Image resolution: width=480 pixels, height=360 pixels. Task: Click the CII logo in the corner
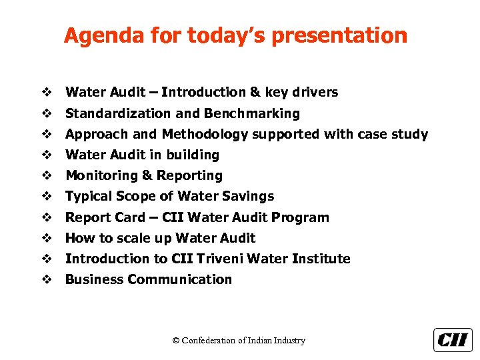[453, 340]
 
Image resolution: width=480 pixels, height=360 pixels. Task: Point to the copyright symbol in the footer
[176, 341]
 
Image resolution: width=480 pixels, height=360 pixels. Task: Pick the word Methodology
[205, 134]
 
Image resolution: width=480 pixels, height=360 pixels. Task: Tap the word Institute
[323, 259]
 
